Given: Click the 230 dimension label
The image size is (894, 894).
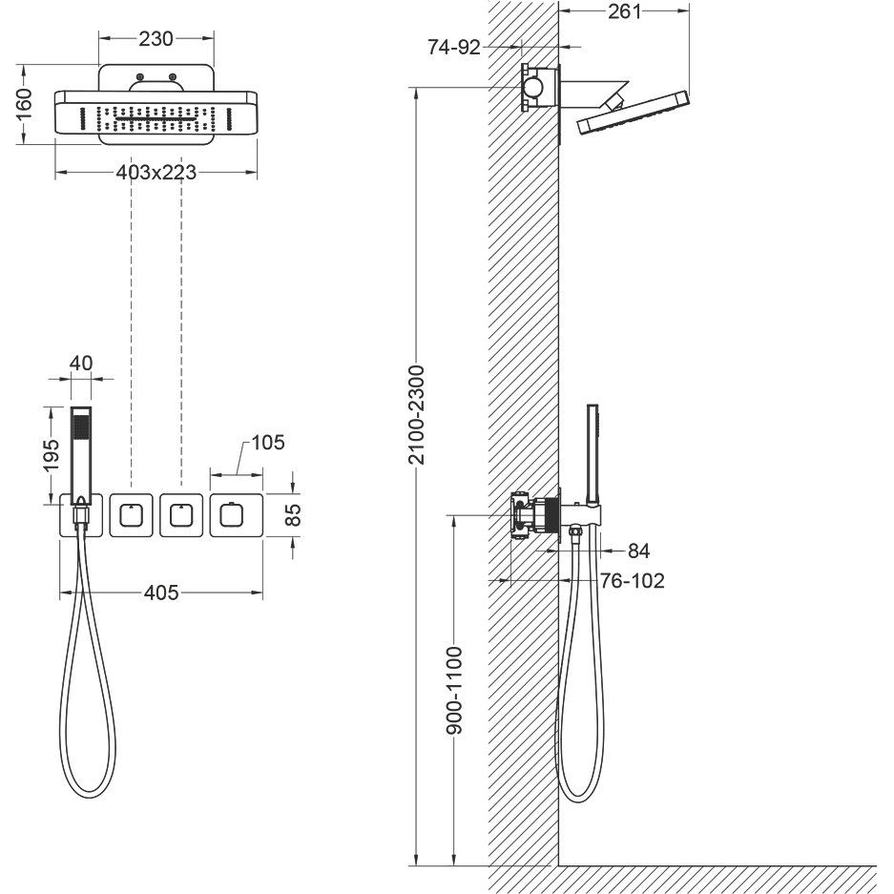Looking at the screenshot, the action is [156, 39].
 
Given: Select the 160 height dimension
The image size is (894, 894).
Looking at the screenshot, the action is [24, 104].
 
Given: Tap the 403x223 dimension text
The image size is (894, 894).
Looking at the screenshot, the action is [156, 172].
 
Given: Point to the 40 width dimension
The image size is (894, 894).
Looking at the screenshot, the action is [81, 364].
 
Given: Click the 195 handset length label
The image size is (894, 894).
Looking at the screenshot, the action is [52, 455].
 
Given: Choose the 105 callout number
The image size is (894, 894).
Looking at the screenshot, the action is [267, 443].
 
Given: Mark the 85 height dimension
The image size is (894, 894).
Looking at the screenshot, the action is [293, 515].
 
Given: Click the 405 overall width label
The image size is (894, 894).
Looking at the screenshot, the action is [161, 593].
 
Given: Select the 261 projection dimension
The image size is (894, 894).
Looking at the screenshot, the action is [624, 11].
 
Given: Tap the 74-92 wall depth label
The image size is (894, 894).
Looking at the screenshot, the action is [454, 48].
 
